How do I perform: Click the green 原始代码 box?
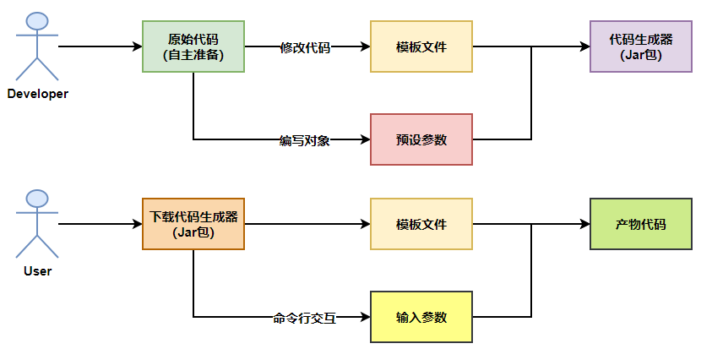pos(193,46)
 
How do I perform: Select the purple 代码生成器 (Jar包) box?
pos(641,46)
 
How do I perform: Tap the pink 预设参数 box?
pos(421,139)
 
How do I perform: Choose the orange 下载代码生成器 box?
pos(193,224)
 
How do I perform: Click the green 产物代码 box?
pos(641,224)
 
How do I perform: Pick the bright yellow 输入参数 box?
pos(421,317)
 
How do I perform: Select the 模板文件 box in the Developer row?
pos(421,46)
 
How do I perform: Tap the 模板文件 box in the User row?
pos(421,224)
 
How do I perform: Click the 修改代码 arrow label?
pos(305,47)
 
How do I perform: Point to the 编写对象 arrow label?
pos(305,140)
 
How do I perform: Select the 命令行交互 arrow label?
pos(305,319)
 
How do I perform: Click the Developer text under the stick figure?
pos(38,94)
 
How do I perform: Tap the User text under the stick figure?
pos(38,271)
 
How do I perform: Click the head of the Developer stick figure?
pos(37,21)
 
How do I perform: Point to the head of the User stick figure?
pos(37,199)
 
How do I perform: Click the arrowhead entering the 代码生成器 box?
pos(584,46)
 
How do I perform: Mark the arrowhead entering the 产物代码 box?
pos(584,224)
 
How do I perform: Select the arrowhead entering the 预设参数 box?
pos(365,139)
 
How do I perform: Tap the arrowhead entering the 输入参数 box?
pos(365,317)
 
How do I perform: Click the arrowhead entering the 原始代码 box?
pos(137,46)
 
